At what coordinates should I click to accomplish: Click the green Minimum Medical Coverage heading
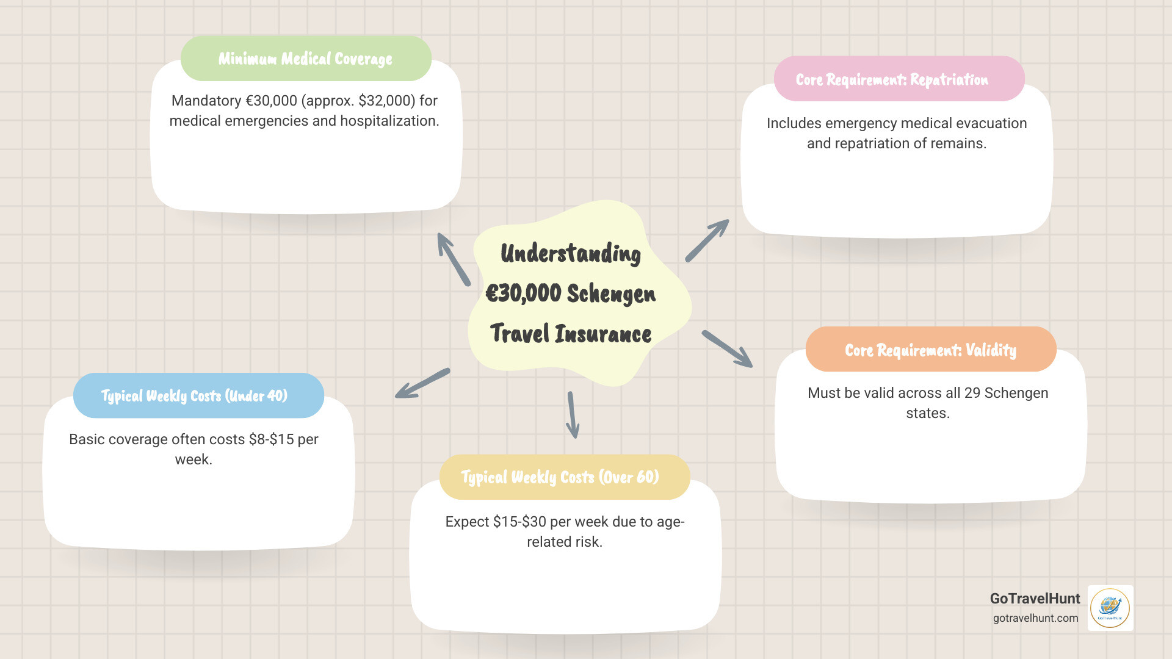[x=305, y=59]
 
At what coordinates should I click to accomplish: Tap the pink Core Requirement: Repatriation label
[x=892, y=79]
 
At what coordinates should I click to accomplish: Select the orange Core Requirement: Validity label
[x=930, y=350]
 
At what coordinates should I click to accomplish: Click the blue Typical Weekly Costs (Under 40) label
[x=194, y=395]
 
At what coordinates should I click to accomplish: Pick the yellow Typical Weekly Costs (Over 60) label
[x=560, y=477]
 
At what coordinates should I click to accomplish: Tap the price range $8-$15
[x=271, y=439]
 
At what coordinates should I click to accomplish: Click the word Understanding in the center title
[x=571, y=253]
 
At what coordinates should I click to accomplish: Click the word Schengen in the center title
[x=611, y=293]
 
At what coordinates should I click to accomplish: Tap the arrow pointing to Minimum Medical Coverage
[x=453, y=259]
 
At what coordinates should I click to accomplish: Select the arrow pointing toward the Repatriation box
[x=707, y=240]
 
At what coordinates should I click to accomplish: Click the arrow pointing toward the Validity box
[x=727, y=349]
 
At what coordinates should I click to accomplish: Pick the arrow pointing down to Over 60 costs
[x=573, y=415]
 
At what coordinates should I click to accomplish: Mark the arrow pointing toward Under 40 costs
[x=422, y=383]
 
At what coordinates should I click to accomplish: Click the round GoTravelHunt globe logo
[x=1110, y=608]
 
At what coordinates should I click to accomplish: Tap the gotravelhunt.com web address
[x=1035, y=618]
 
